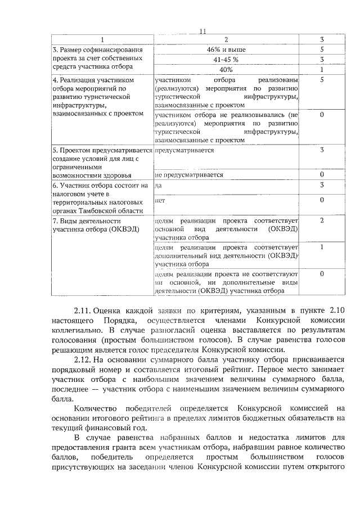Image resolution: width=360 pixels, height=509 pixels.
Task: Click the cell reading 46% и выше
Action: click(226, 49)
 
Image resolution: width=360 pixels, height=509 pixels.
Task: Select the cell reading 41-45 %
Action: click(226, 60)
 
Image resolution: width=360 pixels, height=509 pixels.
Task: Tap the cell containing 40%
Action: click(226, 69)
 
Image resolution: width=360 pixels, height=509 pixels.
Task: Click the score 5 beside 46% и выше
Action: click(322, 49)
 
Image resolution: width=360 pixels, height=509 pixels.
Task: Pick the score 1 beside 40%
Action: click(322, 69)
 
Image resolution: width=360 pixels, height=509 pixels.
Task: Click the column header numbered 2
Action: click(226, 40)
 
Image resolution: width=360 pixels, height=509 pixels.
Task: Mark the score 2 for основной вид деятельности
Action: click(322, 220)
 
